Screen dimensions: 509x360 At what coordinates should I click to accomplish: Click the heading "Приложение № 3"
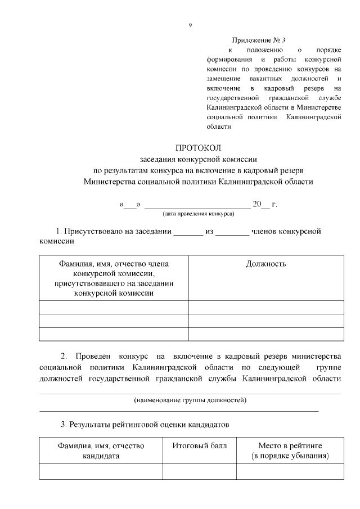coord(259,40)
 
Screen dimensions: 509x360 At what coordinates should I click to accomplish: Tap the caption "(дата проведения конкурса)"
coord(198,214)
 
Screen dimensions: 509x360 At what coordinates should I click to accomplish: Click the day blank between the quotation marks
coord(130,205)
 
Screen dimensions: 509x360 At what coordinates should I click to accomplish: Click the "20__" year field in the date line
coord(261,204)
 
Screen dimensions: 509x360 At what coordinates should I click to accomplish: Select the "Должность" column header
coord(266,264)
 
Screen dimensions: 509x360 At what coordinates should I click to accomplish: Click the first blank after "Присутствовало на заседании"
coord(187,231)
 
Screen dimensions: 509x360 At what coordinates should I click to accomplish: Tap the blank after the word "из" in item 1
coord(232,231)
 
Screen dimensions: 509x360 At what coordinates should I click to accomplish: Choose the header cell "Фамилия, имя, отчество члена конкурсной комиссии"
coord(114,278)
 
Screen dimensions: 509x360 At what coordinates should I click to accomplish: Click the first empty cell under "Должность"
coord(266,307)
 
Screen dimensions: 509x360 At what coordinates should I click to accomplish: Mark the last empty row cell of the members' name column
coord(114,334)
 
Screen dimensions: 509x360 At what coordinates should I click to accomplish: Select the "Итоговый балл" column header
coord(200,445)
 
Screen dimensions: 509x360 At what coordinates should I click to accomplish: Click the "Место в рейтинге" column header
coord(290,451)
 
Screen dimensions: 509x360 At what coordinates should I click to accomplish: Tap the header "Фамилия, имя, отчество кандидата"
coord(101,451)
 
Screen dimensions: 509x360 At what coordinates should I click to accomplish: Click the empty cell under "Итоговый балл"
coord(200,471)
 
